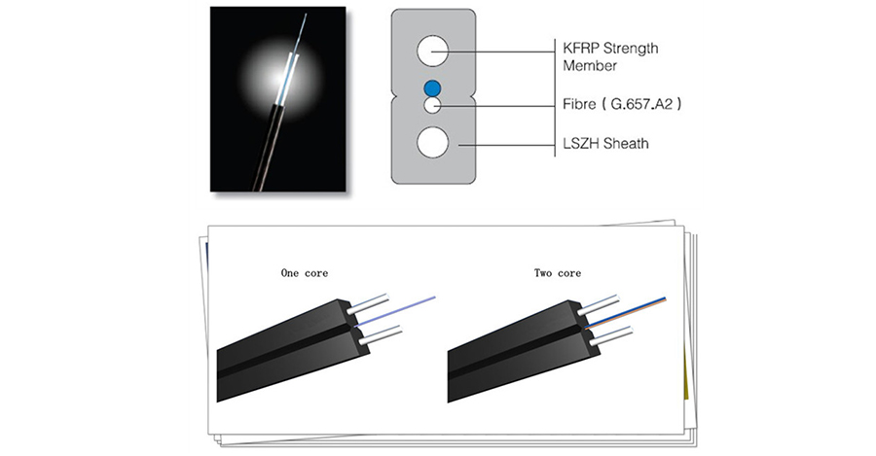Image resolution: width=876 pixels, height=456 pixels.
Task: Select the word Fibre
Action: tap(581, 101)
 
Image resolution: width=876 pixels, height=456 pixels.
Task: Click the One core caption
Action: tap(304, 273)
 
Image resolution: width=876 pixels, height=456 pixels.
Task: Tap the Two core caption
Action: tap(558, 273)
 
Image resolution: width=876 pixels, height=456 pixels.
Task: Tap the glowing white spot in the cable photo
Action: tap(279, 70)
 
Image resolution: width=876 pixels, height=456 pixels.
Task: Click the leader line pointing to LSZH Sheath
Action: tap(506, 144)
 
